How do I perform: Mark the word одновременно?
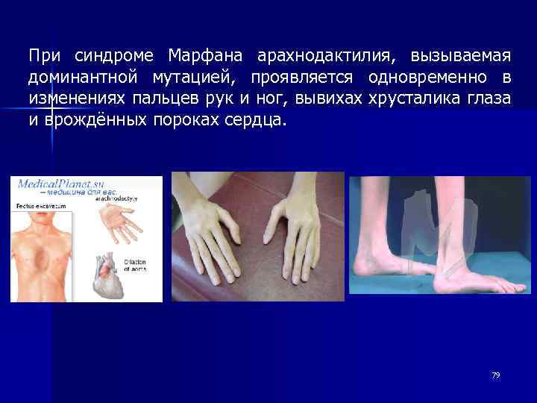(x=425, y=78)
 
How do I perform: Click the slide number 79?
(x=495, y=375)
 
